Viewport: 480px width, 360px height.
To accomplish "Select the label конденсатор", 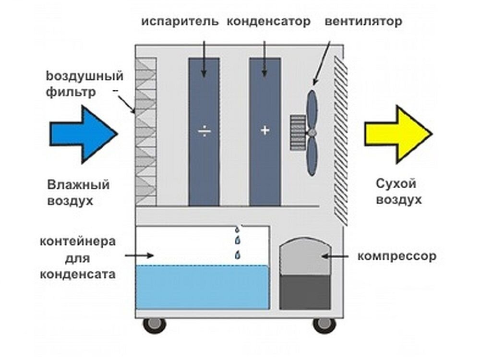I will tap(268, 22).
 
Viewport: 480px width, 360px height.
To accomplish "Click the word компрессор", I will tap(397, 256).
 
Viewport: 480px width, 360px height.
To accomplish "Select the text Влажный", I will tap(79, 185).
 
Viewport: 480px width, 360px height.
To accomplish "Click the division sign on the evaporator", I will tap(204, 131).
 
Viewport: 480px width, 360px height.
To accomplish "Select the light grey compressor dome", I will tap(305, 259).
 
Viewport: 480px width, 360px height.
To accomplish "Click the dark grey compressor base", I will tap(305, 292).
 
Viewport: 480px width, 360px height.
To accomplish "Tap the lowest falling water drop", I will tap(237, 255).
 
